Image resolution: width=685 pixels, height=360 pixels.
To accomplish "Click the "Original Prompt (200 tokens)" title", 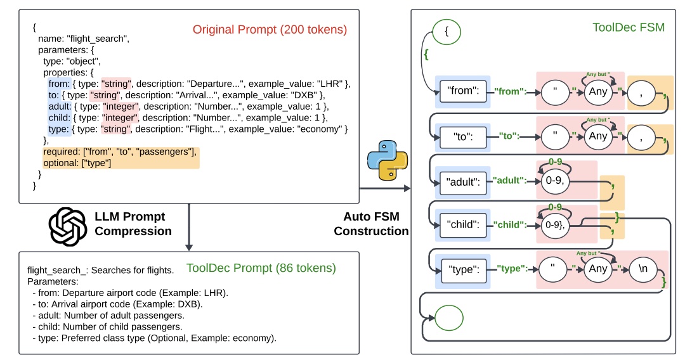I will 270,29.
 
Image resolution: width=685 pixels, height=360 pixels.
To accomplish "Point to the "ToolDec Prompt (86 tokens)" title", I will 261,268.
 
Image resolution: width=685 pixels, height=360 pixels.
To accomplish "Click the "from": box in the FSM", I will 462,91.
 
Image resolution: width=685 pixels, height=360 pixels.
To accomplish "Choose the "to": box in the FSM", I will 462,136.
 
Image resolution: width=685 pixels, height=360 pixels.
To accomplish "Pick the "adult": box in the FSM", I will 462,182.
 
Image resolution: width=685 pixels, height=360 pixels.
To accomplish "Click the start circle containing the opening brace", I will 447,30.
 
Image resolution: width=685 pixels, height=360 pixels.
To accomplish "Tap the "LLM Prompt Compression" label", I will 134,224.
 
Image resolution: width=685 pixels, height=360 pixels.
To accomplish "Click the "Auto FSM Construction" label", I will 371,224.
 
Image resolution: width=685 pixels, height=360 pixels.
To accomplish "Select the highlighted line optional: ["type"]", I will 77,164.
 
